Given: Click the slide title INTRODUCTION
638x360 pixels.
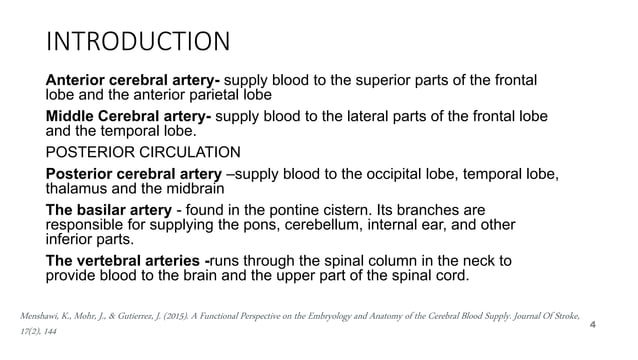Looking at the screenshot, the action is tap(138, 42).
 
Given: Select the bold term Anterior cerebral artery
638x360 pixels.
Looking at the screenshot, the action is tap(135, 79).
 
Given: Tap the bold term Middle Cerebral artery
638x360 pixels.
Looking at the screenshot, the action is tap(128, 116).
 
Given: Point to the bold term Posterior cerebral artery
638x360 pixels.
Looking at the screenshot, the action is tap(135, 175).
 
